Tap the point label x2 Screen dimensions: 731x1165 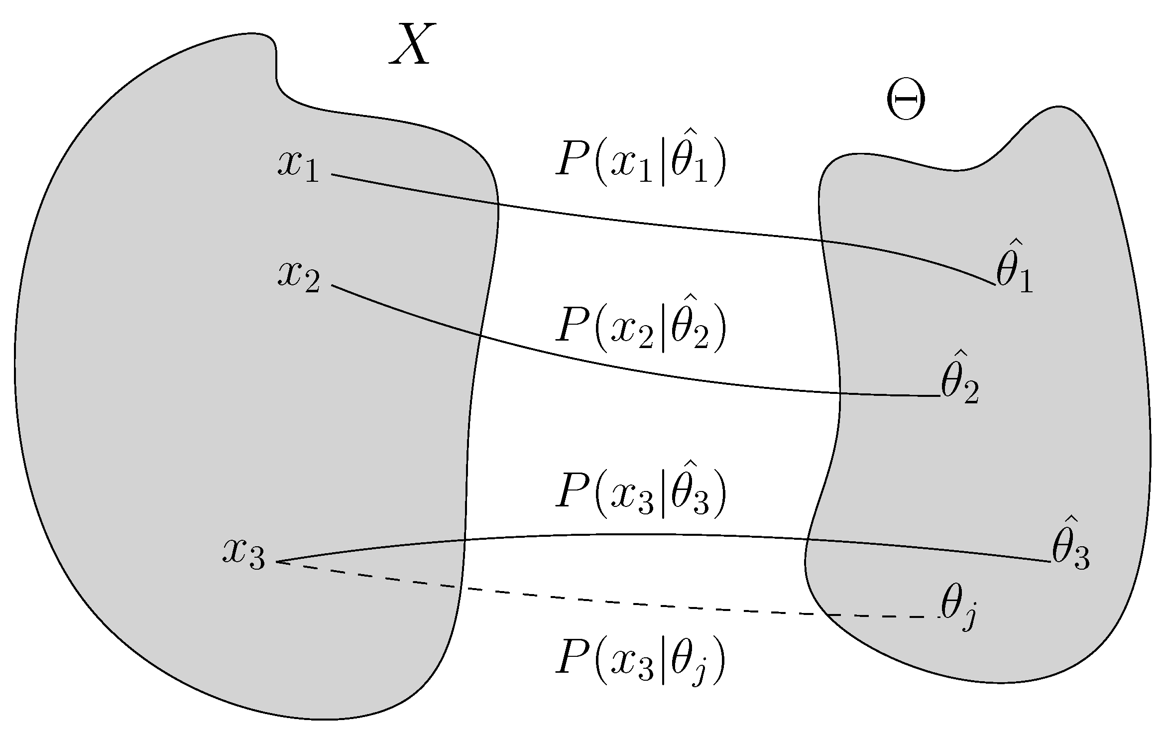pos(298,277)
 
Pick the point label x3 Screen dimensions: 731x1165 pos(243,553)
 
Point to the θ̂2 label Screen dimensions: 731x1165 pos(959,383)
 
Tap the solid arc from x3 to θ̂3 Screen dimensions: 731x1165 pos(647,534)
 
